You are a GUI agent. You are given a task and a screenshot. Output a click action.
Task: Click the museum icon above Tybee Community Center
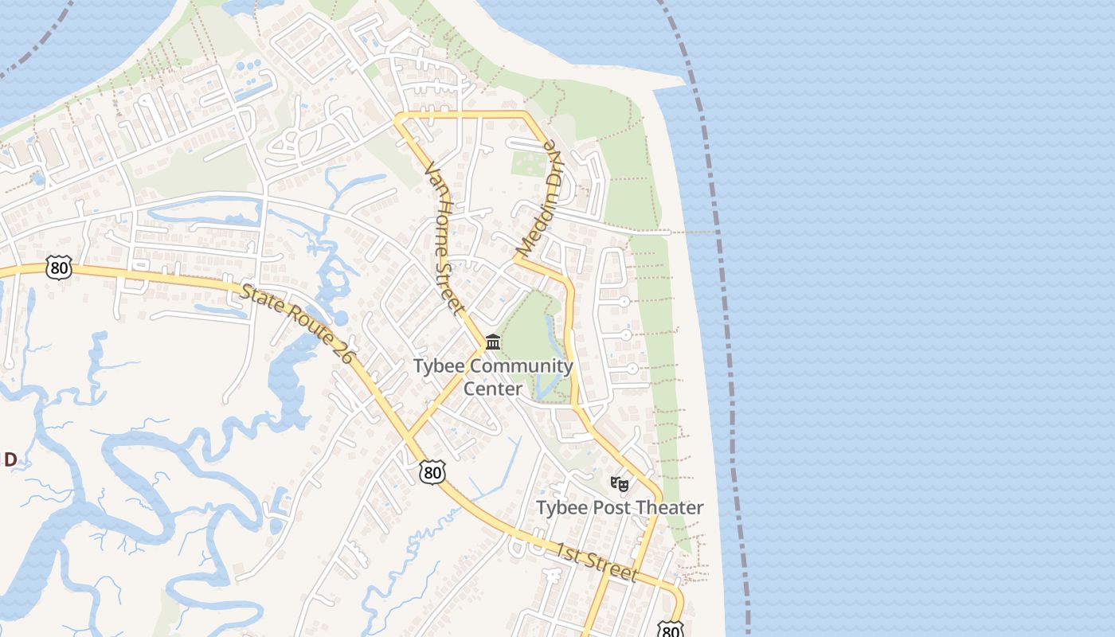493,342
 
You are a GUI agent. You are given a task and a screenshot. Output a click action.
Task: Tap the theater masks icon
619,483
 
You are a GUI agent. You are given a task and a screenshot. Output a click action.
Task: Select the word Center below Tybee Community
493,389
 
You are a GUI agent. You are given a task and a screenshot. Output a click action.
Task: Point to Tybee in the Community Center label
439,367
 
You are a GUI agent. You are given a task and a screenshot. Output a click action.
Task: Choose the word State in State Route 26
260,300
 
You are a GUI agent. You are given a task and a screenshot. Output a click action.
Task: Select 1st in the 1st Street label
570,553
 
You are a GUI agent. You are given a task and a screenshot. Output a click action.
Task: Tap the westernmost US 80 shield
58,268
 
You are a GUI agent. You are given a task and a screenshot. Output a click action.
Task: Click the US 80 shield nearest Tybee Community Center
432,473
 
